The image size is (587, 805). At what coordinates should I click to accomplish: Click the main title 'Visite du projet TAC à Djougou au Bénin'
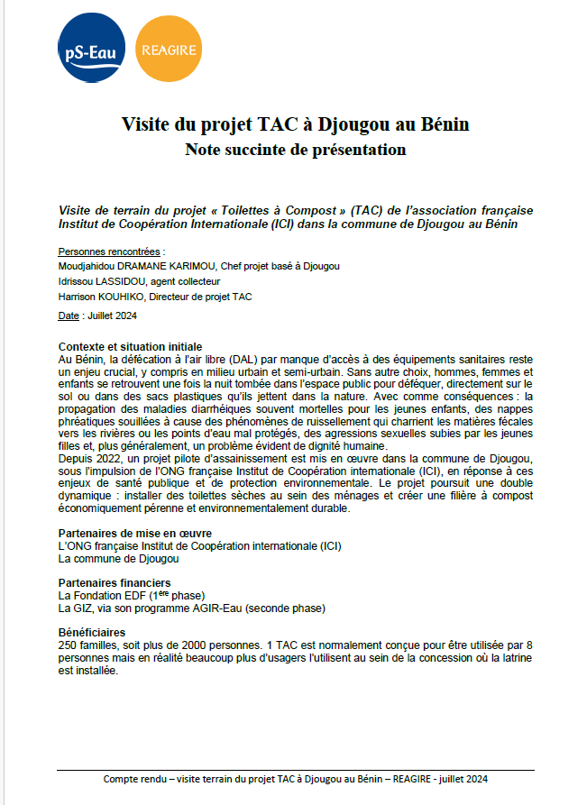[295, 123]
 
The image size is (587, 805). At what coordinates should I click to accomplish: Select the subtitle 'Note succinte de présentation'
[295, 149]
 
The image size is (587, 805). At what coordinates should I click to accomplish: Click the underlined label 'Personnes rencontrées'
[109, 252]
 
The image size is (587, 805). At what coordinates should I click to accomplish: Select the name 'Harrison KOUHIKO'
[100, 297]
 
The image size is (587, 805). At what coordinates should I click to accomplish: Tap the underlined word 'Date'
[69, 316]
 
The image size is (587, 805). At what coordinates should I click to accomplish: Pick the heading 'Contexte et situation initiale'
[130, 347]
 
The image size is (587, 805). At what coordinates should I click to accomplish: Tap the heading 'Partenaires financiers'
[115, 583]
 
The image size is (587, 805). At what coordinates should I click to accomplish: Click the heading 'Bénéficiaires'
[92, 633]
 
